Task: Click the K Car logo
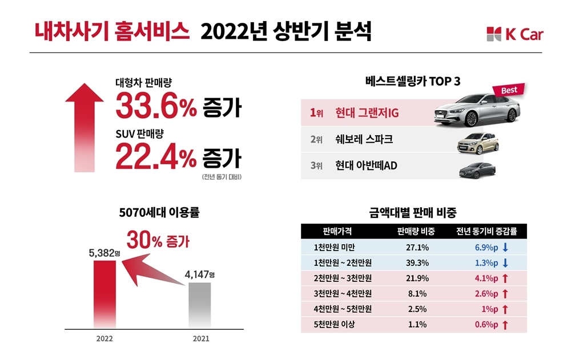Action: click(514, 34)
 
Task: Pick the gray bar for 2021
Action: click(199, 305)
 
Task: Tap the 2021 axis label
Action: click(200, 338)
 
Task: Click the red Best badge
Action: click(508, 90)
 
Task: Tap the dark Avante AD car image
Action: click(477, 169)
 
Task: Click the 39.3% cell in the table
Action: click(416, 263)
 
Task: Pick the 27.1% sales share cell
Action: click(416, 248)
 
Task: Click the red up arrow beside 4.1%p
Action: click(505, 278)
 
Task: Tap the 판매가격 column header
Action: click(337, 231)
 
